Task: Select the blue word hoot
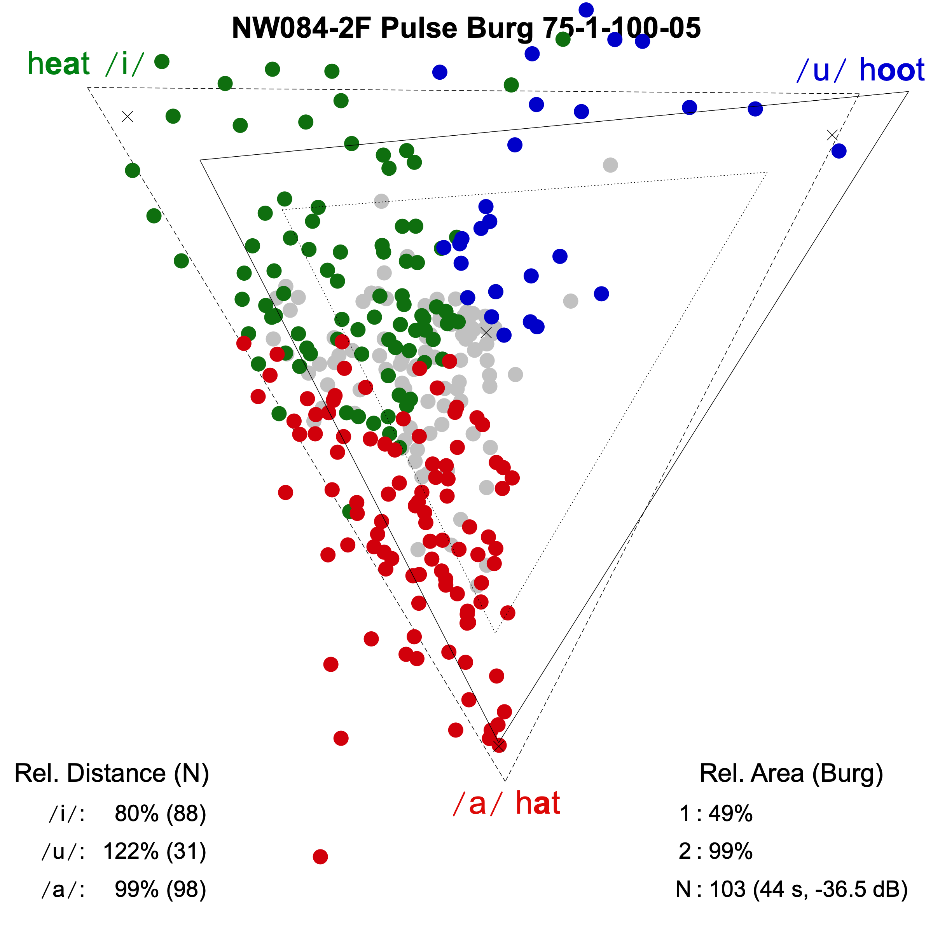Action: pyautogui.click(x=891, y=70)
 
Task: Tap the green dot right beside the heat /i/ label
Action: pyautogui.click(x=162, y=61)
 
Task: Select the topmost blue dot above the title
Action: pyautogui.click(x=586, y=10)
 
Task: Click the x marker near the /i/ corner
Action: pyautogui.click(x=128, y=116)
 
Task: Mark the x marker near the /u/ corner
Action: pyautogui.click(x=832, y=135)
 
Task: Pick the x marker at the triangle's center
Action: pyautogui.click(x=486, y=332)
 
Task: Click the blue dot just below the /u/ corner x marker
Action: pyautogui.click(x=839, y=151)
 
